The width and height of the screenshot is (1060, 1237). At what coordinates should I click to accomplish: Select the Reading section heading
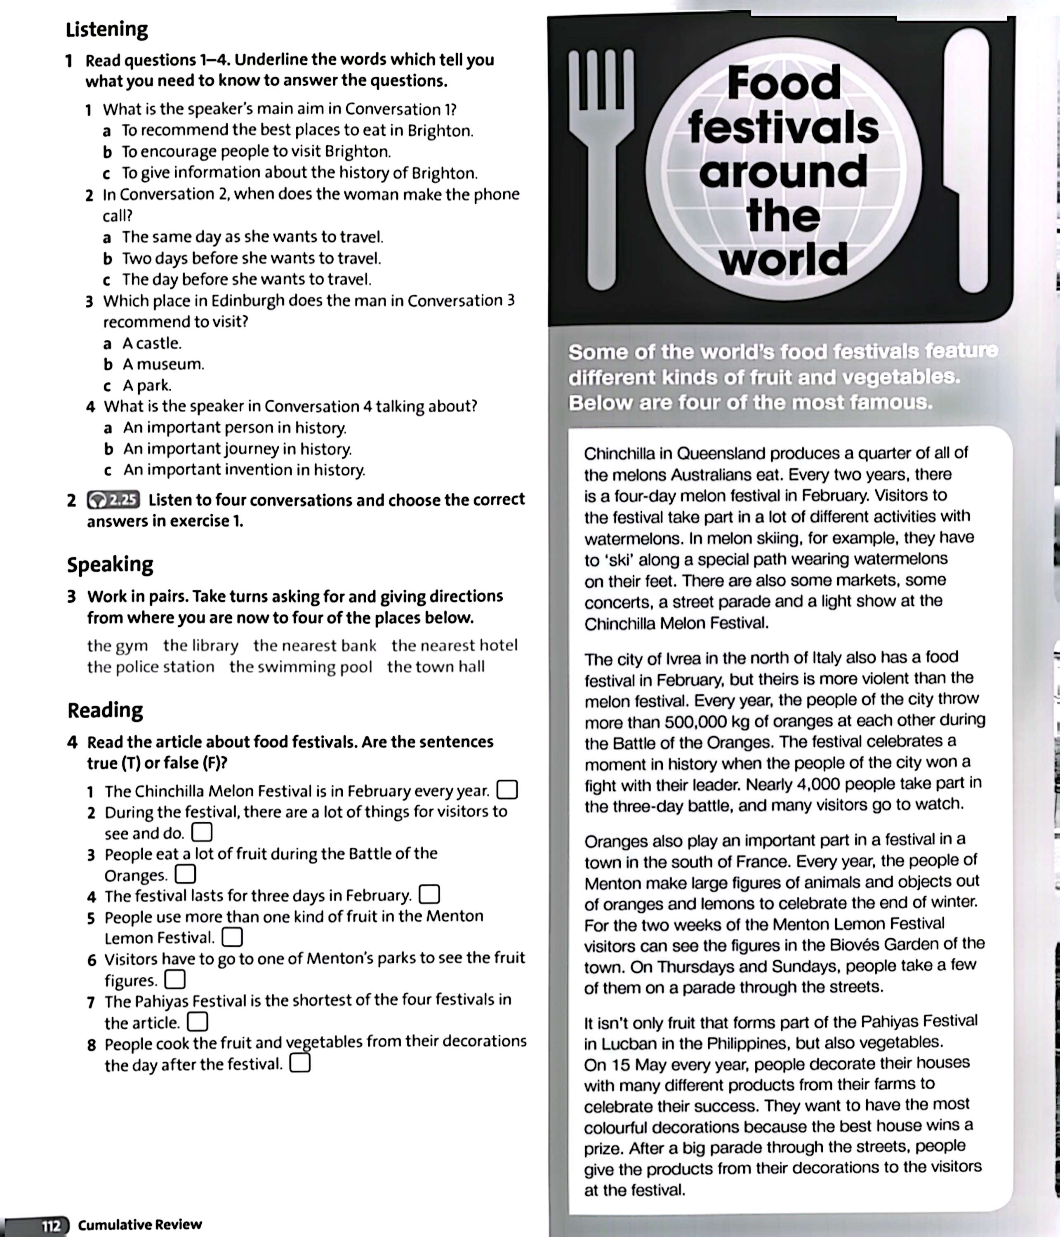tap(105, 710)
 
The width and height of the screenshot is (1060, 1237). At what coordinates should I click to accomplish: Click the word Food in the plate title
tap(784, 84)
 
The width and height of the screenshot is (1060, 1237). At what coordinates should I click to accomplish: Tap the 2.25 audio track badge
tap(113, 500)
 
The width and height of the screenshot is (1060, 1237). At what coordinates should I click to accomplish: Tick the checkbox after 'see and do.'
tap(202, 832)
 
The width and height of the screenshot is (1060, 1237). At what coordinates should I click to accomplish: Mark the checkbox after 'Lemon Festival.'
tap(232, 937)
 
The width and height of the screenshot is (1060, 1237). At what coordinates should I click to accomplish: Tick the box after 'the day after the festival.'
tap(300, 1063)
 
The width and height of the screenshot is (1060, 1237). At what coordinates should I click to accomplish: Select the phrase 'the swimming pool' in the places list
tap(300, 666)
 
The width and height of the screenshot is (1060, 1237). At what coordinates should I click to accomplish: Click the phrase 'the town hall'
tap(436, 666)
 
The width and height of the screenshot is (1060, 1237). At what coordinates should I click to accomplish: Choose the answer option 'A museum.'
tap(163, 364)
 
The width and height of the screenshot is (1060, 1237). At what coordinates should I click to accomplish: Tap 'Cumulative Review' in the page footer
tap(140, 1225)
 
